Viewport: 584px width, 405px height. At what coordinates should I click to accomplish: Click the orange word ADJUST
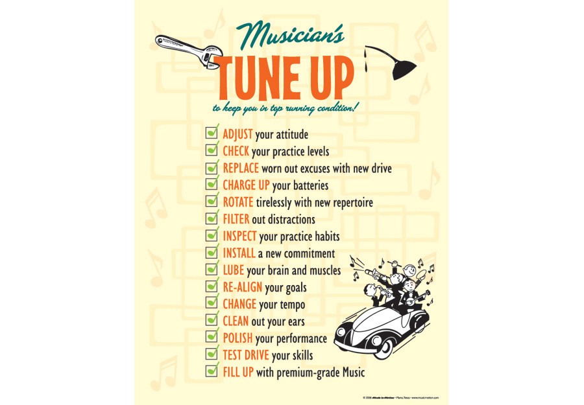[x=237, y=135]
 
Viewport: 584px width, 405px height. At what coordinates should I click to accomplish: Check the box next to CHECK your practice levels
[x=212, y=150]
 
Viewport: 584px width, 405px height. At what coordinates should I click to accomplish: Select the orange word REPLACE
[x=241, y=168]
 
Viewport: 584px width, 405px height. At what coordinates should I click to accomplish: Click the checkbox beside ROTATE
[x=212, y=201]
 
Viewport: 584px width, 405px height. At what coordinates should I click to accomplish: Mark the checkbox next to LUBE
[x=212, y=269]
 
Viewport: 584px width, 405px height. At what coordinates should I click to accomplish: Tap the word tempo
[x=291, y=305]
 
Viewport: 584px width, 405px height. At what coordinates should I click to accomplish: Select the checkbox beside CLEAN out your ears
[x=212, y=319]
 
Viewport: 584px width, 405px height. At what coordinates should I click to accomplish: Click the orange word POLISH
[x=237, y=338]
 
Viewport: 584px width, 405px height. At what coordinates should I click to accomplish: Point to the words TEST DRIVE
[x=246, y=355]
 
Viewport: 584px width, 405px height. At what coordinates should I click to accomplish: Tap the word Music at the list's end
[x=351, y=373]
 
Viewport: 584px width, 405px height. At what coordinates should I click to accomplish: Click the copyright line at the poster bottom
[x=402, y=397]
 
